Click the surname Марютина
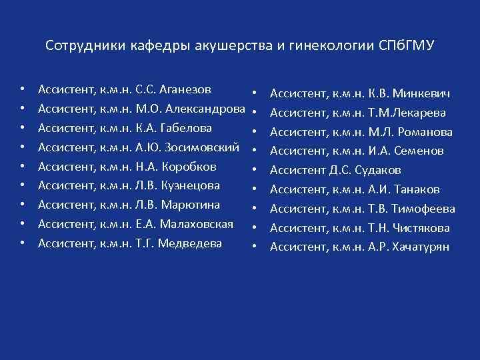click(x=191, y=205)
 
